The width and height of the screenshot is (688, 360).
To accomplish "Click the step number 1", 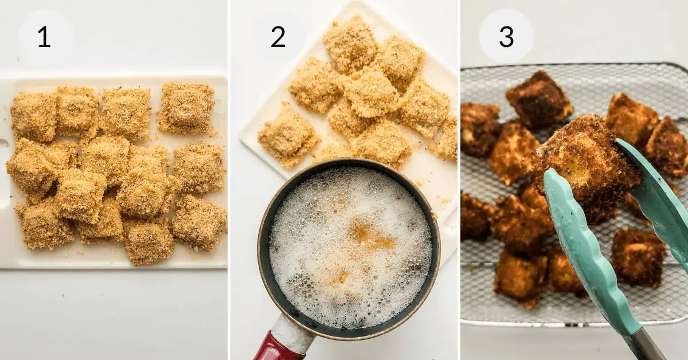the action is (44, 37).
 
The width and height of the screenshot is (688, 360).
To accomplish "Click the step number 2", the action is (278, 37).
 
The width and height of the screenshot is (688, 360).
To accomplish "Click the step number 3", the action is (506, 37).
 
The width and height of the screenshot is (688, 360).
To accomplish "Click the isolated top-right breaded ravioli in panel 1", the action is (186, 108).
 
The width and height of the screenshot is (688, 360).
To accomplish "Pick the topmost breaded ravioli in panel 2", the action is (350, 44).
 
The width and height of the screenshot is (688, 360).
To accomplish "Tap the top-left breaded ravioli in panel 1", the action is (33, 117).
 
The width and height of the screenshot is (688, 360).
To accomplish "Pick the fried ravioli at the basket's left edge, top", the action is (479, 129).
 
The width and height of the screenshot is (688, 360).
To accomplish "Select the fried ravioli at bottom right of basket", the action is (639, 257).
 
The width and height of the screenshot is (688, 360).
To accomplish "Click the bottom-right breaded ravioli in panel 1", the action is (199, 222).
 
